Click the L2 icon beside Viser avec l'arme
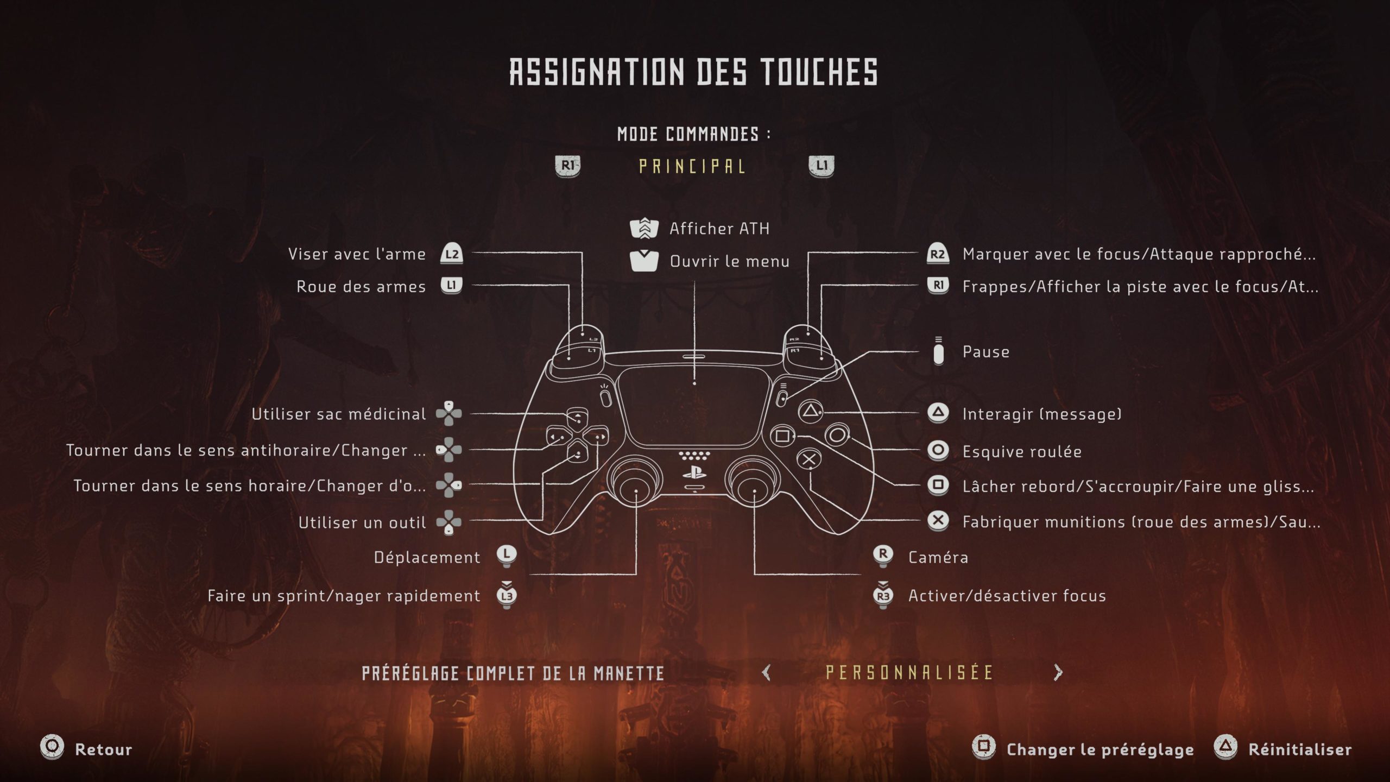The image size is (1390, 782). pos(451,254)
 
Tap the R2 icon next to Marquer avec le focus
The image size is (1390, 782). pos(938,254)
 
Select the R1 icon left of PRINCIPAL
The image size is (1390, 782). pos(567,166)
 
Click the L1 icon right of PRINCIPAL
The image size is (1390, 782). pos(822,166)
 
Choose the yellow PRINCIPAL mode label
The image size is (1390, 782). pos(692,166)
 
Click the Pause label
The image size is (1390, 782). pos(985,352)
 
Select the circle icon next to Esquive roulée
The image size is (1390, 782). pos(938,450)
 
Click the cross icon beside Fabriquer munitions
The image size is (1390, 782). pos(938,521)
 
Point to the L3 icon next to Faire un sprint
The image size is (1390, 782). pos(507,596)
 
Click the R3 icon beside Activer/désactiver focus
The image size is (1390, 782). pos(883,596)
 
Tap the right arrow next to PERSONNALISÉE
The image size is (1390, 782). pos(1058,673)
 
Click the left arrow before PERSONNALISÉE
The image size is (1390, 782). pos(766,673)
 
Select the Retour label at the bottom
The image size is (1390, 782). pos(103,749)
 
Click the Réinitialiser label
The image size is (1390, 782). pos(1300,749)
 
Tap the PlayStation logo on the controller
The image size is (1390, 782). pos(694,472)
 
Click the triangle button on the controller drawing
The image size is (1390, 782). pos(810,411)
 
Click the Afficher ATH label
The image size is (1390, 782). pos(719,229)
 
